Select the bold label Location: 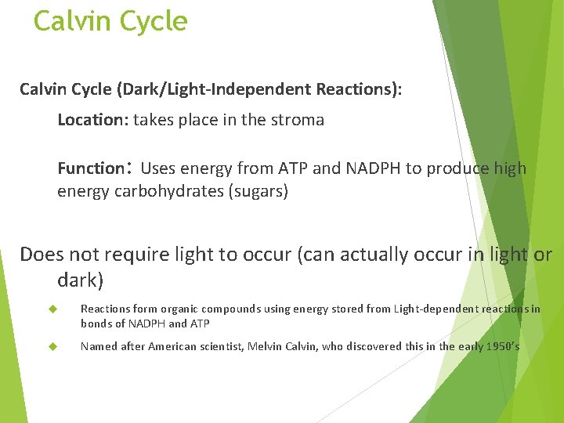93,120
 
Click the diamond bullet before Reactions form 54,309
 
